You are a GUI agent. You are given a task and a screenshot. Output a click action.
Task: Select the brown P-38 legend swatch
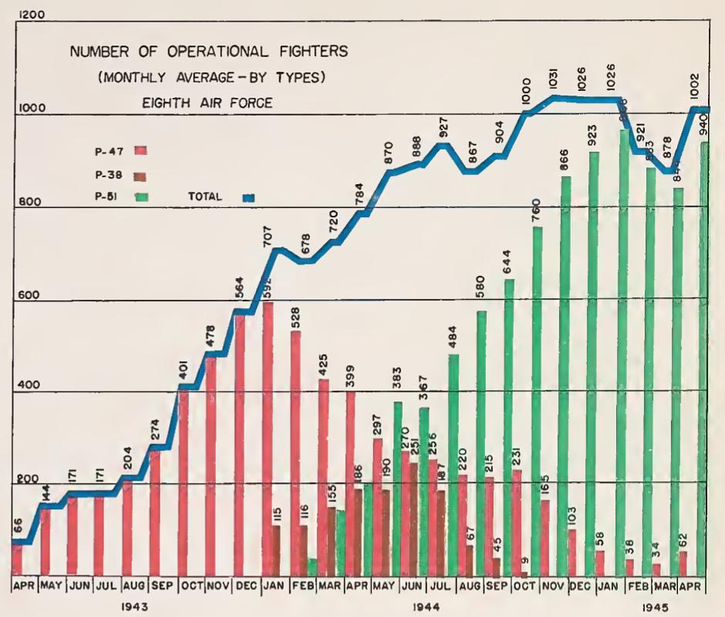[x=141, y=176]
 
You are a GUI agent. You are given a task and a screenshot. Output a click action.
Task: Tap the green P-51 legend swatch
[x=141, y=197]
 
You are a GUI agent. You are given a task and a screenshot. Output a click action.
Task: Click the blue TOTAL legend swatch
[x=248, y=198]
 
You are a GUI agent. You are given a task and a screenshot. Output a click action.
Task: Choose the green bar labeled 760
[x=538, y=401]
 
